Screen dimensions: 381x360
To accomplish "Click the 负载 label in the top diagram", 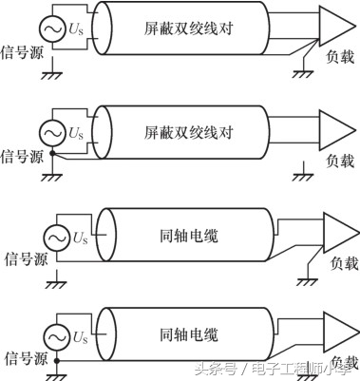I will point(338,57).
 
